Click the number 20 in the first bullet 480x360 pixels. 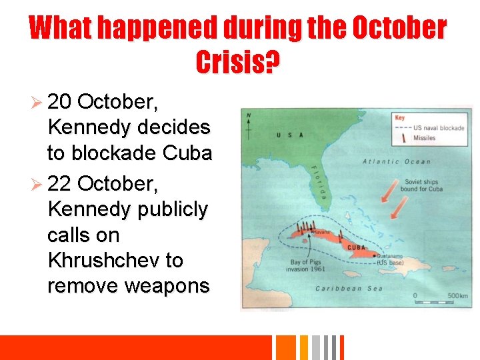point(59,101)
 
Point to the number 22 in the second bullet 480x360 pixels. point(59,183)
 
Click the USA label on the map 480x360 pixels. point(290,135)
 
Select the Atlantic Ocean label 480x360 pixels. point(396,162)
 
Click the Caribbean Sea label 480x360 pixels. point(349,288)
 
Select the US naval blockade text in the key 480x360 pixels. point(438,127)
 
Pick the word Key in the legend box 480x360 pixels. point(400,117)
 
